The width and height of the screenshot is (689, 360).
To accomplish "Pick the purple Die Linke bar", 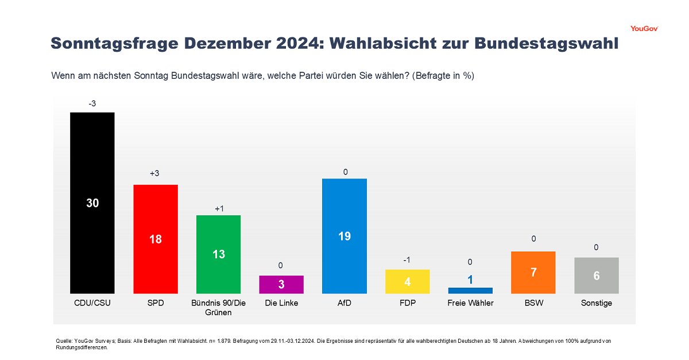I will [x=281, y=285].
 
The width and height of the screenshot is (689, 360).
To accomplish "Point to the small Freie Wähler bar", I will [x=470, y=291].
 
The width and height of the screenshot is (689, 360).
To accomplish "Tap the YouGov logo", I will [x=644, y=28].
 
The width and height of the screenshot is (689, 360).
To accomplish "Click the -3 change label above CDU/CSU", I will [x=92, y=103].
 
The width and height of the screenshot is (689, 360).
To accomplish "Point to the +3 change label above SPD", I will [x=154, y=173].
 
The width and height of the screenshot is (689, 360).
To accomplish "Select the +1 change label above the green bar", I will [x=219, y=208].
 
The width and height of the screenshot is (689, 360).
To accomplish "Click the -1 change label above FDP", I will [x=407, y=260].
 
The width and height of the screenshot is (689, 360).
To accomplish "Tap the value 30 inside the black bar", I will [x=92, y=203].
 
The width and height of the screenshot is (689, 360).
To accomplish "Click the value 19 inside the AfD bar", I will [x=344, y=236].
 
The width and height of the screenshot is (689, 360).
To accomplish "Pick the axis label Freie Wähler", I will [x=470, y=303].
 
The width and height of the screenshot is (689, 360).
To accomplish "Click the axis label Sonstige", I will [x=596, y=303].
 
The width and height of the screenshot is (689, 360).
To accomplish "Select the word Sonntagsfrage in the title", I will [x=109, y=44].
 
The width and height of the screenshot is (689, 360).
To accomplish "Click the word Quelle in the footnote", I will [x=63, y=341].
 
